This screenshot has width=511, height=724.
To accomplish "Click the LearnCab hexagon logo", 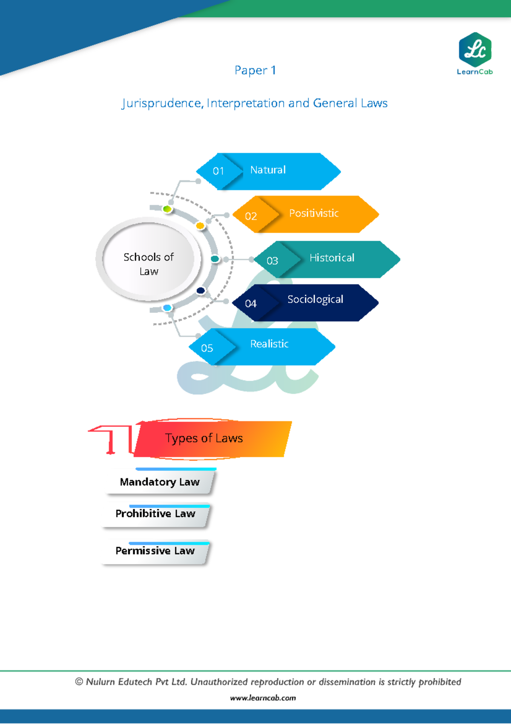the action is [475, 49].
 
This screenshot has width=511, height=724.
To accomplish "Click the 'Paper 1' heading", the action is [255, 70].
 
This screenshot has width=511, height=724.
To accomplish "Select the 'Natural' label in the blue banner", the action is [268, 170].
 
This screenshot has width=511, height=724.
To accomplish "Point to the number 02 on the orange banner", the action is [251, 216].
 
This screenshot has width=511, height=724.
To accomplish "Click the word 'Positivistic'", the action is [314, 213].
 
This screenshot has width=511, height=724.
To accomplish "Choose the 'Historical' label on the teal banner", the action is [332, 258].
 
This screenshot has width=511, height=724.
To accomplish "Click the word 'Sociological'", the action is [315, 300].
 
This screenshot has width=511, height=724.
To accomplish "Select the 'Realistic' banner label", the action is [269, 344].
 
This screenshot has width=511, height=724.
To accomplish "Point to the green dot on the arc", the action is [167, 209].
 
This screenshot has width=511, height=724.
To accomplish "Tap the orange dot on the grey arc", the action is [200, 226].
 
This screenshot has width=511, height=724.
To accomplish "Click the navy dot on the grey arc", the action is [201, 290].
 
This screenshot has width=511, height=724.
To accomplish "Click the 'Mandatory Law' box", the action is [160, 482].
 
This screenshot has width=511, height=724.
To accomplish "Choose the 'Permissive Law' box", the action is [155, 551].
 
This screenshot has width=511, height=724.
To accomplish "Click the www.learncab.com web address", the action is [263, 698].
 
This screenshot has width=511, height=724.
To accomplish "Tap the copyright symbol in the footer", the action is [79, 682].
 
